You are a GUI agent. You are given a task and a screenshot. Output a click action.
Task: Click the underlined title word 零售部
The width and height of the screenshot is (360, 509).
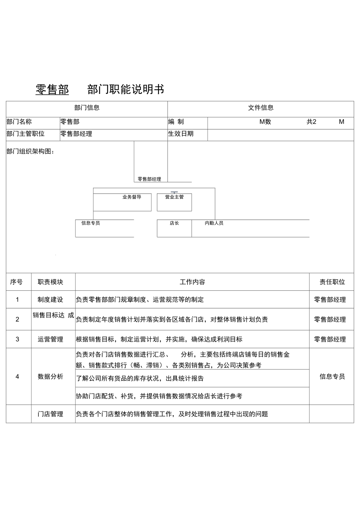[x=52, y=90]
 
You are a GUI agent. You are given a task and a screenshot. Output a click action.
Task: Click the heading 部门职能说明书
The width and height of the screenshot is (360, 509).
[x=126, y=90]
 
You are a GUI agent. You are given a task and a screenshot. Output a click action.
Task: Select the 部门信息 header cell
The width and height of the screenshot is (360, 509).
[x=87, y=108]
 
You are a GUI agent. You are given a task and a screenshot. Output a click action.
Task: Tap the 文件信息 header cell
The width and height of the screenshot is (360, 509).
[x=261, y=108]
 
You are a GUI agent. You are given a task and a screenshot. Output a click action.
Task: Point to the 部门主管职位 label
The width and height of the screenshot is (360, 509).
[x=26, y=134]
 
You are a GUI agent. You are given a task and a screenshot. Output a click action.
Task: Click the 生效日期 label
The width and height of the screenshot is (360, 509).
[x=181, y=134]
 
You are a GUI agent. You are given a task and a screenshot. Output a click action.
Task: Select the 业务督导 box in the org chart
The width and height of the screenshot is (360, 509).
[x=122, y=202]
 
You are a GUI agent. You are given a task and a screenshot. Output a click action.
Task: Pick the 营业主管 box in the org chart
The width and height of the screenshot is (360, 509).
[x=174, y=202]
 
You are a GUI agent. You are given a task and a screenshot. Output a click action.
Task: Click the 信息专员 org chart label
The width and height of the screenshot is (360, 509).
[x=90, y=223]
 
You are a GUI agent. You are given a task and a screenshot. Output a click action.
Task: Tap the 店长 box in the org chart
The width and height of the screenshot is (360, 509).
[x=174, y=228]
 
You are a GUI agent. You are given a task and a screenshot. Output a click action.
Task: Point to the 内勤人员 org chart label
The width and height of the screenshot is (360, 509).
[x=214, y=223]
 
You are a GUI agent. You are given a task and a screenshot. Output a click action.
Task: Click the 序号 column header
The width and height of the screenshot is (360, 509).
[x=16, y=282]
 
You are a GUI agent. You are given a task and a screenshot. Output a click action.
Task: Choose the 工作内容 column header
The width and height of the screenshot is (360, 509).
[x=192, y=282]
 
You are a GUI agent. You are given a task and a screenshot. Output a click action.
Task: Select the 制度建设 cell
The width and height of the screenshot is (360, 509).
[x=50, y=300]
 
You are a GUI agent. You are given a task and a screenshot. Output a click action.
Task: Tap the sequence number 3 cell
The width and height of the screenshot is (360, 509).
[x=17, y=339]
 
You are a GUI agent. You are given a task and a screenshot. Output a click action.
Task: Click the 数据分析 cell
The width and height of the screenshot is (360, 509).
[x=50, y=377]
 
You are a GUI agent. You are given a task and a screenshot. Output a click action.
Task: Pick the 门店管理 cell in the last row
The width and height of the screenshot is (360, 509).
[x=50, y=414]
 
